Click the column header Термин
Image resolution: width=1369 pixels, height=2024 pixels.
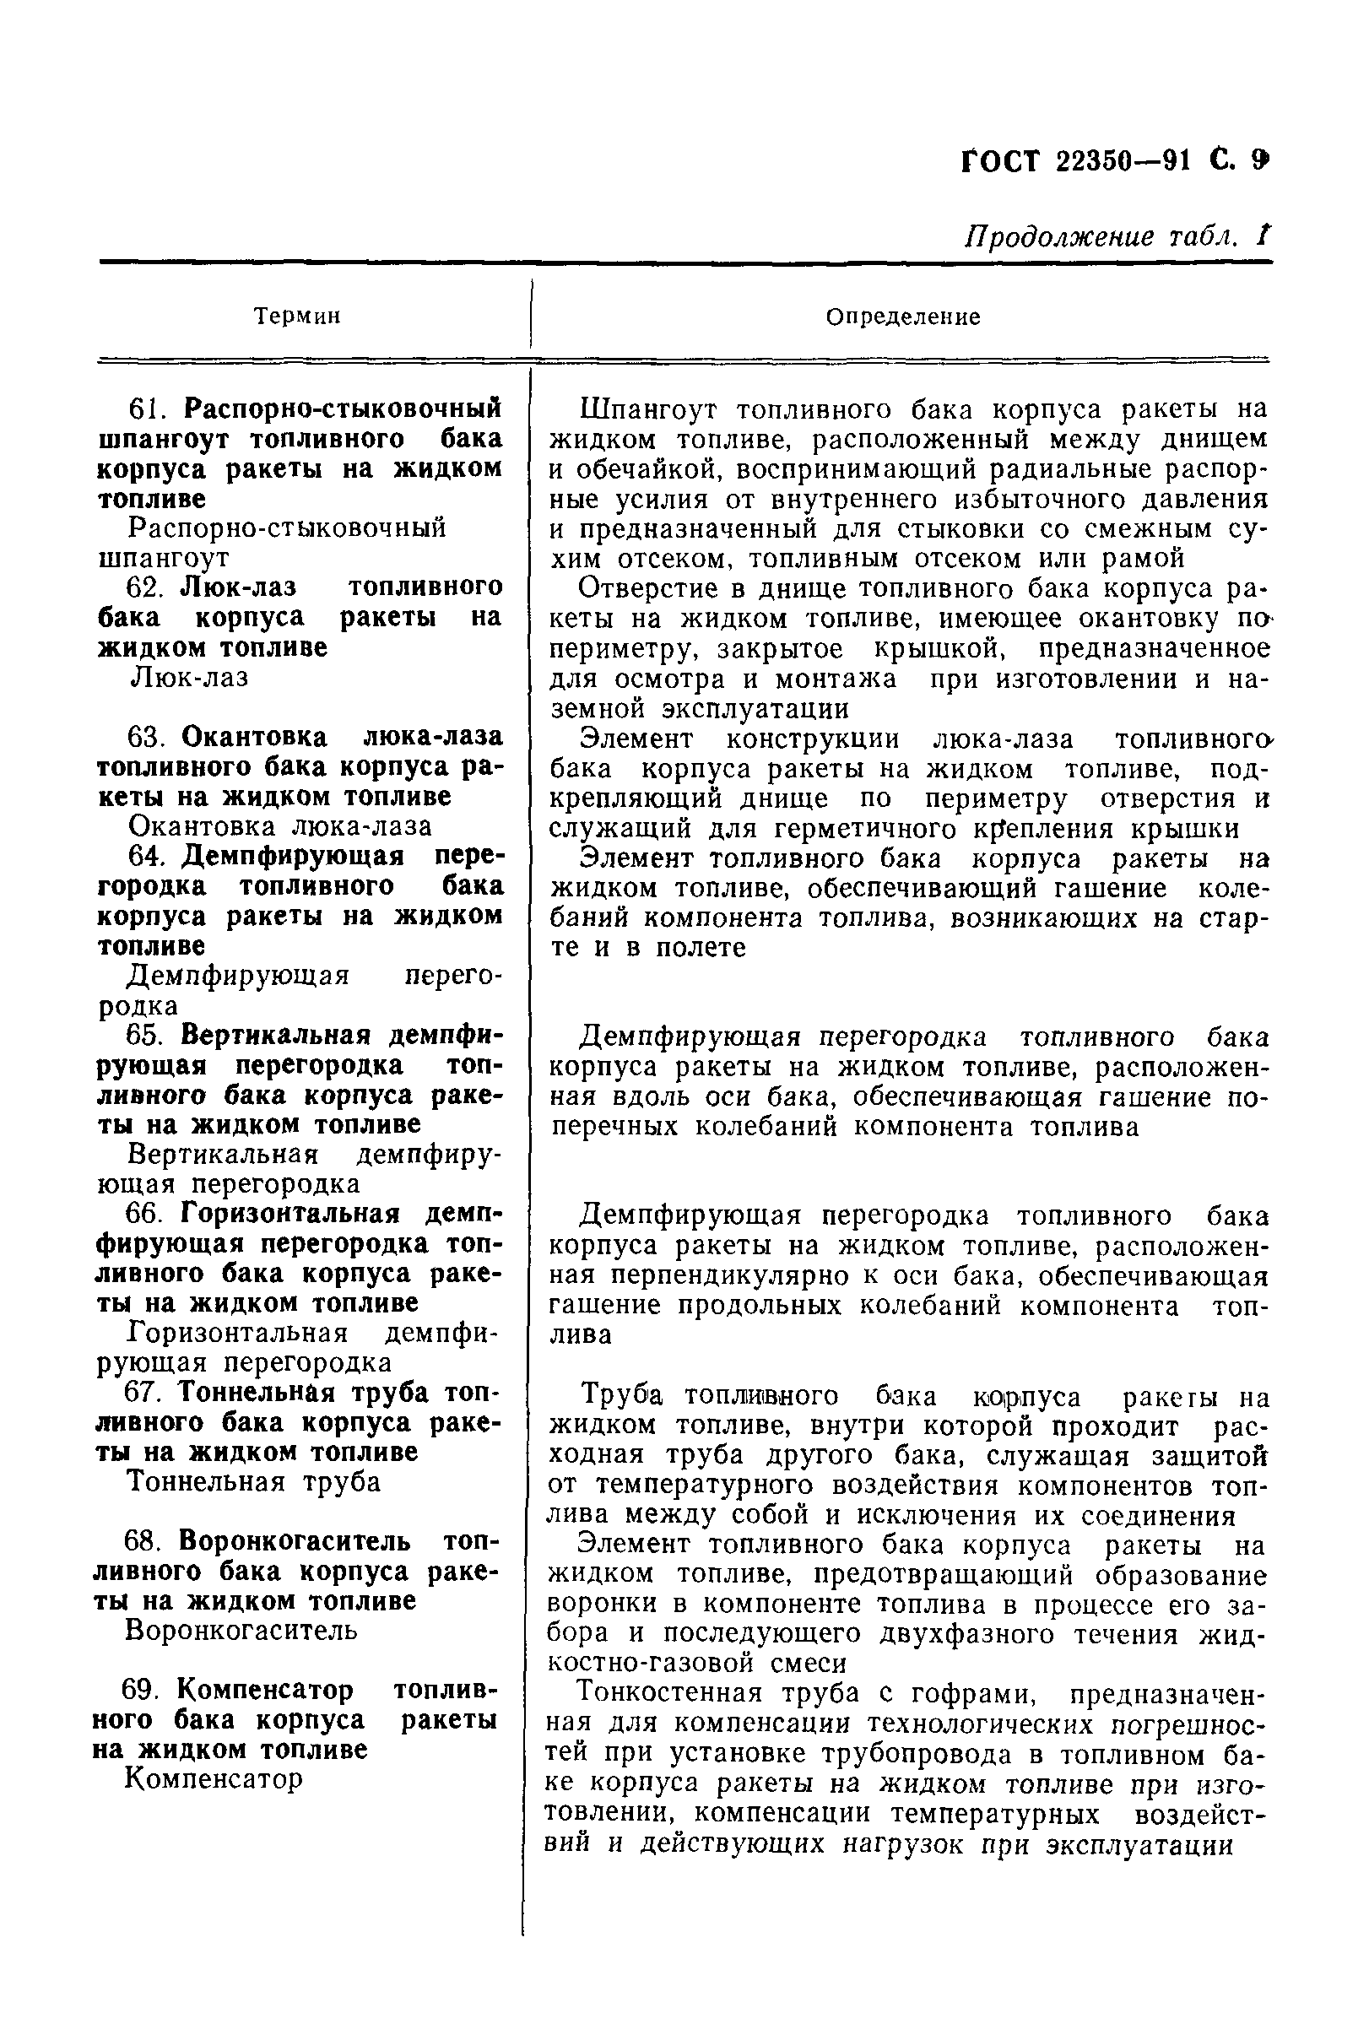point(297,317)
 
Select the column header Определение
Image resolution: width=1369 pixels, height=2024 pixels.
point(902,317)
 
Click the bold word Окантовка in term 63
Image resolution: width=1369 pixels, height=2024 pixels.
point(254,737)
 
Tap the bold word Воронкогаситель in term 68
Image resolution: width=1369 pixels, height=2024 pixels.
point(295,1540)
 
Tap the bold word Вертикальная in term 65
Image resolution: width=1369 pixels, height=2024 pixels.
point(277,1036)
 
